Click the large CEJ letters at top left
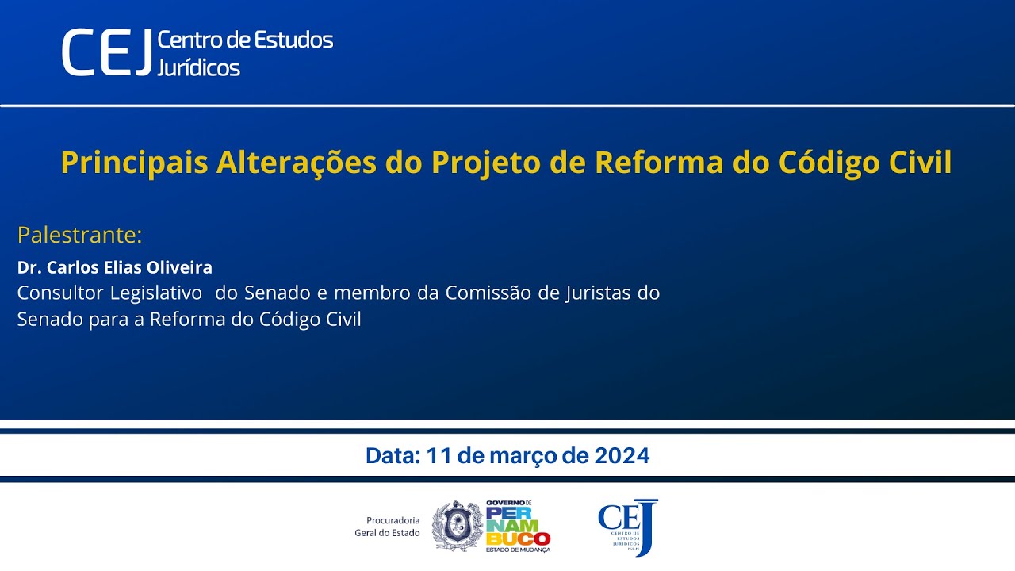tap(107, 53)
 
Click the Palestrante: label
tap(79, 236)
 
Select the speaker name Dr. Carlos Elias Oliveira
tap(115, 267)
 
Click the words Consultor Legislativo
tap(109, 293)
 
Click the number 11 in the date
tap(437, 456)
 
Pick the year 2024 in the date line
tap(622, 456)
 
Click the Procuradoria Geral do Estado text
tap(387, 527)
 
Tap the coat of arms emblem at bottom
tap(457, 527)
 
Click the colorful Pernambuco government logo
tap(518, 527)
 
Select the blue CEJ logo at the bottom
tap(628, 527)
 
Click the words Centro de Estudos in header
tap(245, 40)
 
